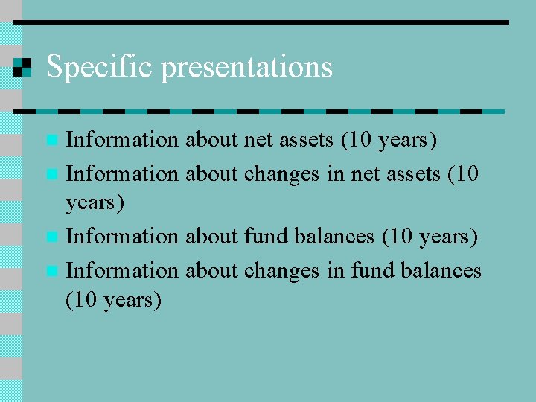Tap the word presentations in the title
pos(246,67)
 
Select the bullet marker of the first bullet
pos(51,140)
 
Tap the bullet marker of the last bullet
pos(51,271)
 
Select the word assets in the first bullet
pos(305,139)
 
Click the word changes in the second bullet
pos(283,174)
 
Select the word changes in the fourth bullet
pos(283,270)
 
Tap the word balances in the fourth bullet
pos(440,270)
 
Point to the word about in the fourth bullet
pos(211,270)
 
